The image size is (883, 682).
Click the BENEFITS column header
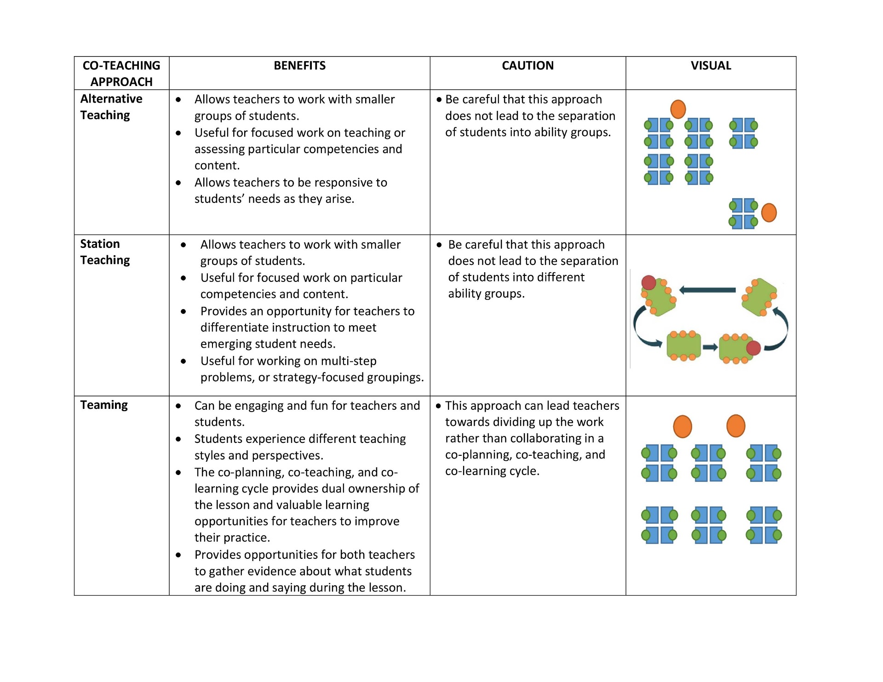click(x=299, y=66)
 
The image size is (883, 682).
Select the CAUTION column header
click(x=528, y=66)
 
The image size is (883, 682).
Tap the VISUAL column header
click(x=711, y=66)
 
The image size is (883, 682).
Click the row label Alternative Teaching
click(x=111, y=107)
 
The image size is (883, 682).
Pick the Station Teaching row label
click(x=105, y=252)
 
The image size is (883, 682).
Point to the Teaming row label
click(x=104, y=405)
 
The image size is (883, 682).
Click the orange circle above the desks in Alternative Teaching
click(x=678, y=109)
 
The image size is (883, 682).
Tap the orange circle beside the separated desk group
click(x=769, y=213)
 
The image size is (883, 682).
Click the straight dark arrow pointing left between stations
click(x=707, y=290)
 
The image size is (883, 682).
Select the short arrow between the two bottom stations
click(x=710, y=347)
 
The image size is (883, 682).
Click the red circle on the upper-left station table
click(x=648, y=282)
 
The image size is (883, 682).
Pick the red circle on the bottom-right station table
click(x=753, y=348)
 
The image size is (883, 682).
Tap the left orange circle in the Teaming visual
click(x=682, y=426)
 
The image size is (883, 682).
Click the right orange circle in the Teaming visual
click(x=736, y=426)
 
